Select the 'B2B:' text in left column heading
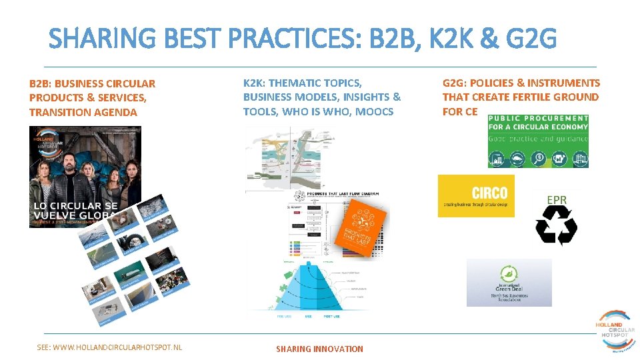(40, 83)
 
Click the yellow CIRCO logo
(476, 195)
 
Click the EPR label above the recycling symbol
(557, 199)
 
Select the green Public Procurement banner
(538, 141)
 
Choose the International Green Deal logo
(509, 283)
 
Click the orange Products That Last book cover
(360, 227)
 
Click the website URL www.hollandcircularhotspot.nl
(109, 347)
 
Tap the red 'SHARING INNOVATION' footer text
(319, 349)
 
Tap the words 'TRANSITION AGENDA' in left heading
(83, 112)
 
